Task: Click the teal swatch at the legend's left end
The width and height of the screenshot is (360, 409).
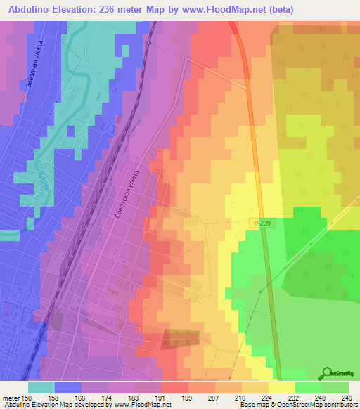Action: tap(41, 387)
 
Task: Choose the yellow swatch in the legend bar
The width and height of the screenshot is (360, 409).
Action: tap(282, 387)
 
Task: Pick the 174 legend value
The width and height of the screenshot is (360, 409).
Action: tap(108, 397)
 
